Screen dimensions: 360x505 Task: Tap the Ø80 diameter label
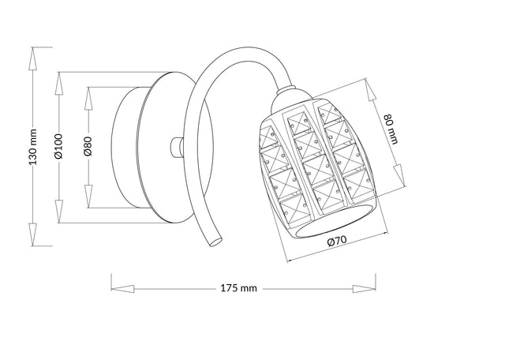point(88,147)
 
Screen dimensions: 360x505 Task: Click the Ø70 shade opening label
point(337,244)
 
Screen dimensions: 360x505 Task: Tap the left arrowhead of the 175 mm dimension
point(115,287)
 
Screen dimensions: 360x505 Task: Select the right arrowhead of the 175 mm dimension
point(367,287)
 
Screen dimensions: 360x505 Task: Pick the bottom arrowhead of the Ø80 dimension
point(88,201)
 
